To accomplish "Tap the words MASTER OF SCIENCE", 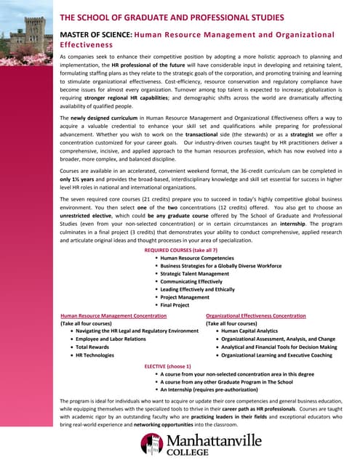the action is click(x=95, y=34).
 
